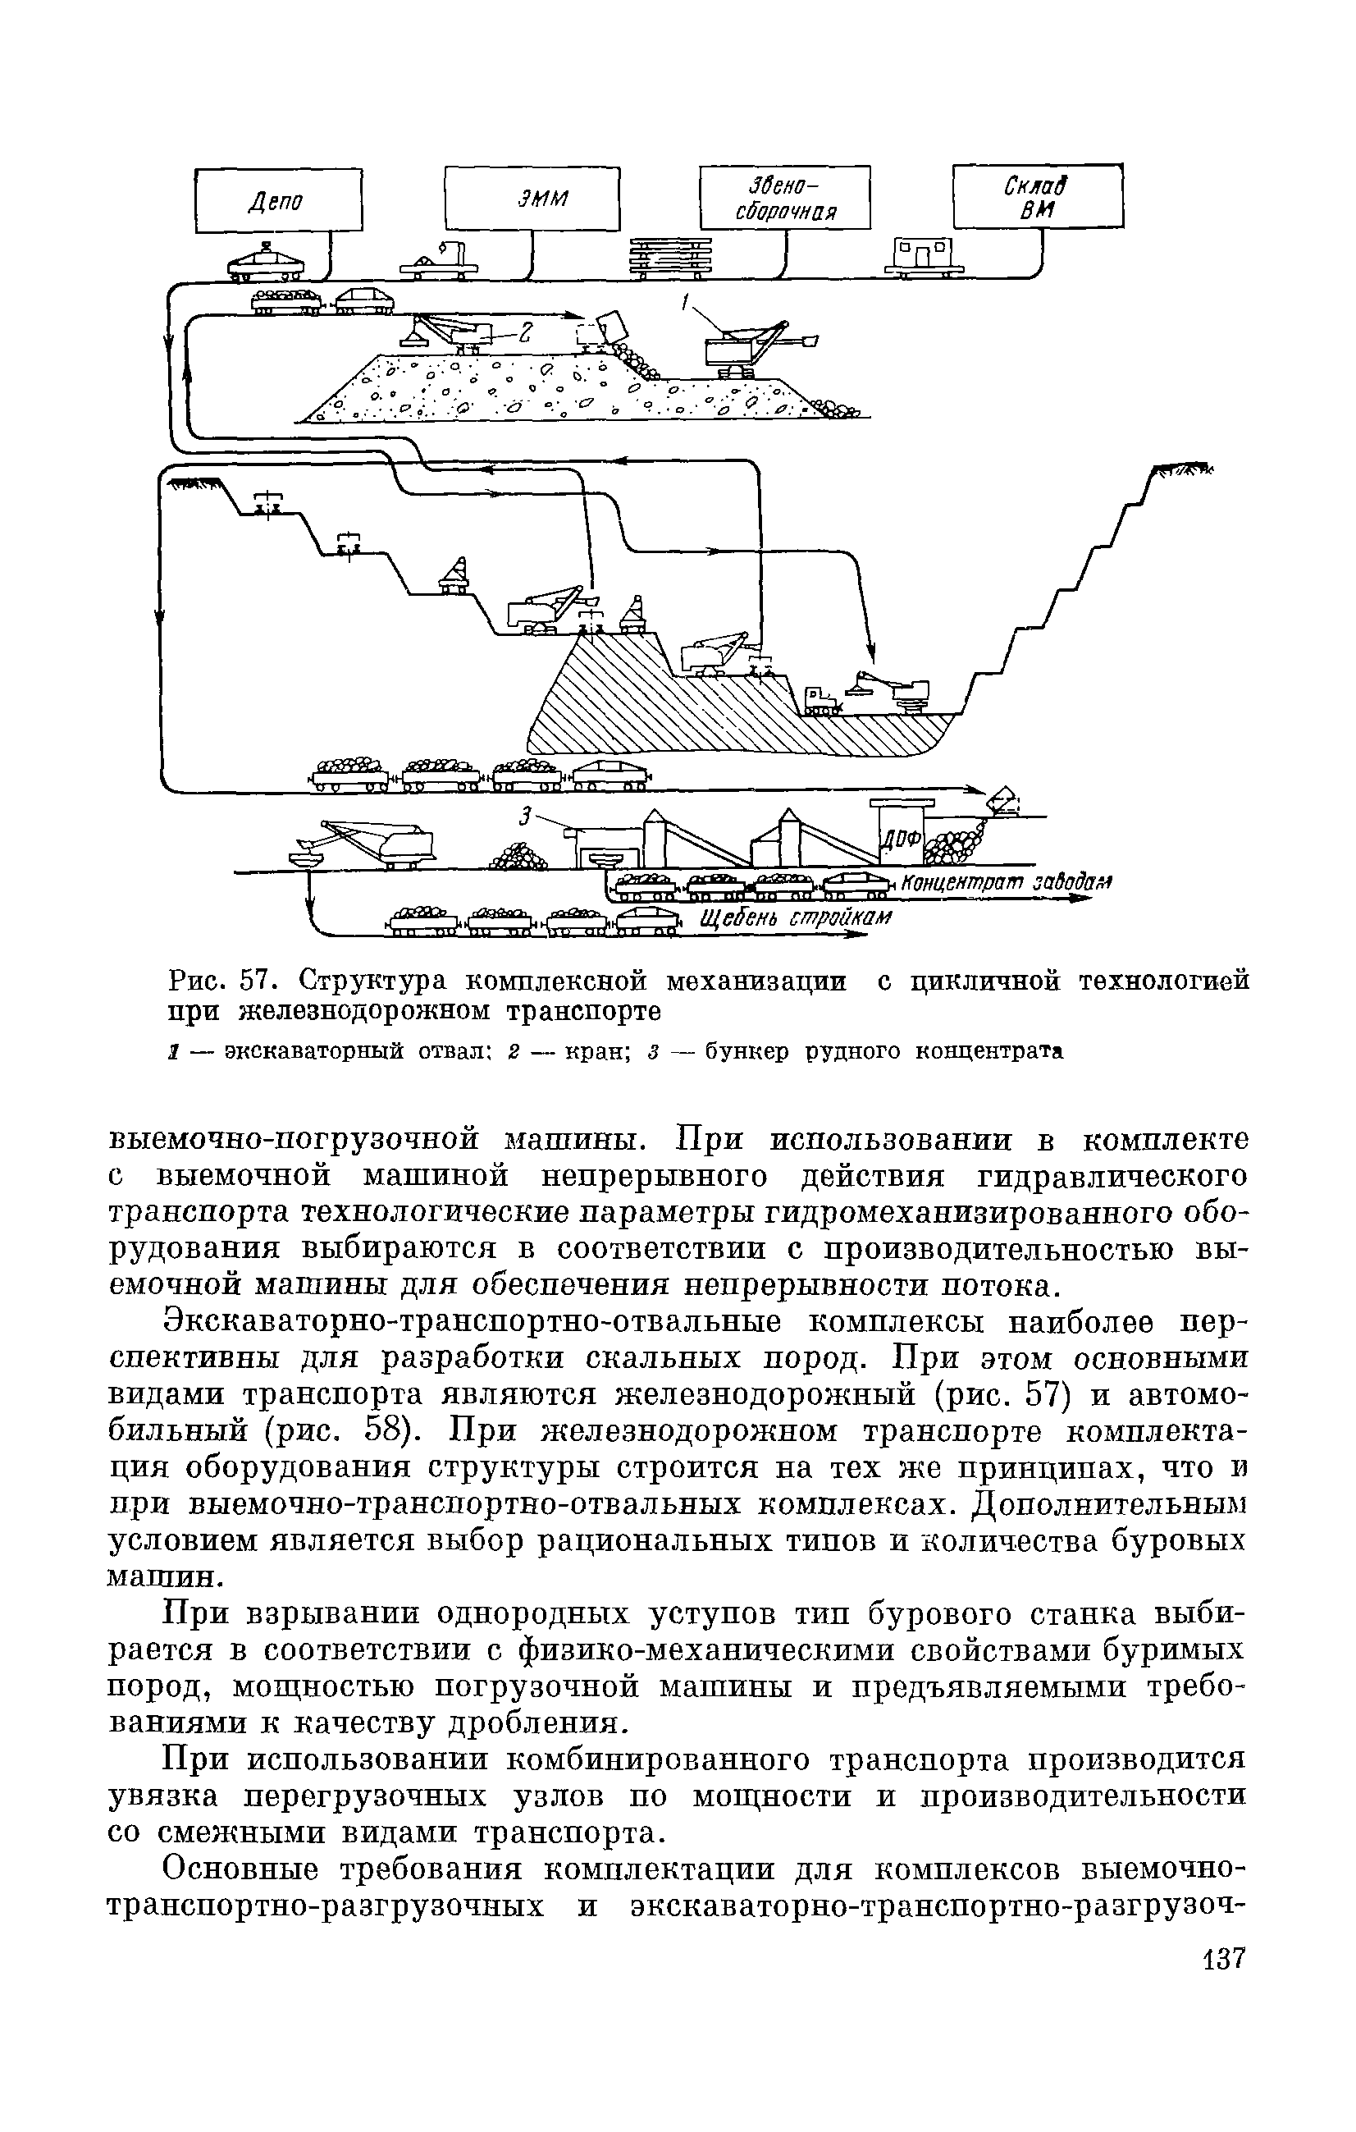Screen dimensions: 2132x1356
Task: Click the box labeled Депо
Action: (278, 200)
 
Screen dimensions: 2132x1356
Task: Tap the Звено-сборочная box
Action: (784, 198)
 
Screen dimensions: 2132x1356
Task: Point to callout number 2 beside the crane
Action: (525, 332)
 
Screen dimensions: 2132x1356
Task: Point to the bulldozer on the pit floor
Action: (820, 699)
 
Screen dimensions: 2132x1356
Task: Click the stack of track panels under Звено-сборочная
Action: (671, 256)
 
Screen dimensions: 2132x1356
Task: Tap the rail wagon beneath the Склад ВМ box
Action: (921, 258)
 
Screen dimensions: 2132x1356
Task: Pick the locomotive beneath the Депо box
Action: (266, 261)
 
